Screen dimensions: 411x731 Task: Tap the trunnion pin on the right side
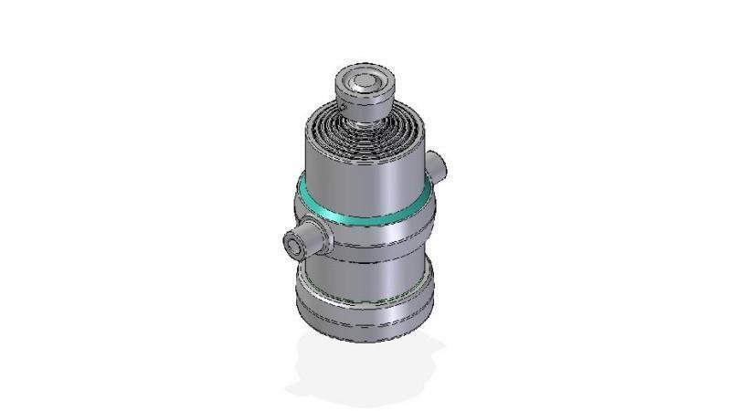click(x=438, y=166)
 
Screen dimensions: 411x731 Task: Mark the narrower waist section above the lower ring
click(x=365, y=265)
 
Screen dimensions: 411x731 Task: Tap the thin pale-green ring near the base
click(x=365, y=294)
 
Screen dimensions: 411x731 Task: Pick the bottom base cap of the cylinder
click(x=365, y=315)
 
